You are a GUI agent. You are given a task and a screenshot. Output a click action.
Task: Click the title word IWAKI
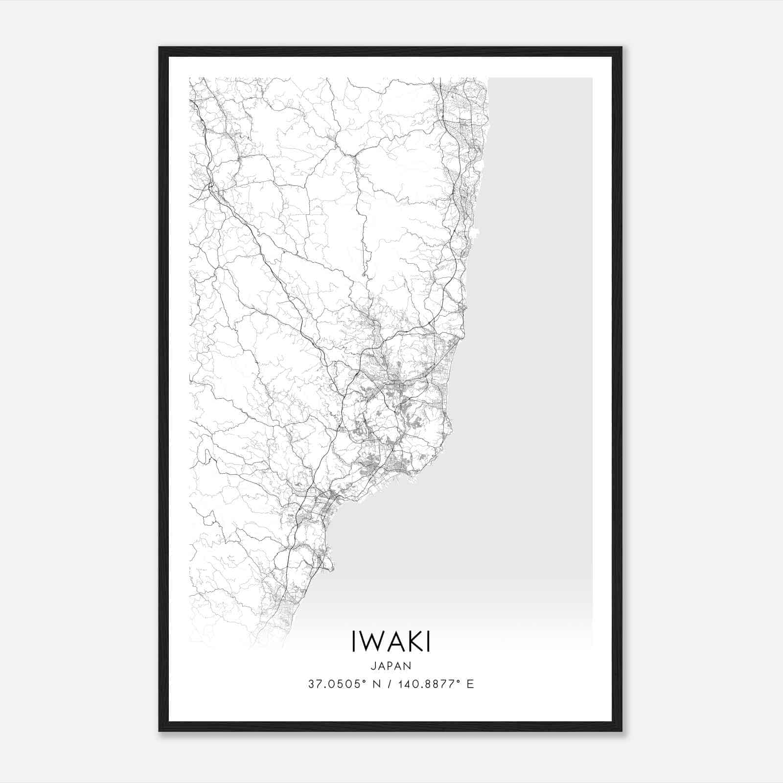coord(391,641)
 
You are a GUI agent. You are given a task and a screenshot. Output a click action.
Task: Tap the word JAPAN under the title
coord(391,666)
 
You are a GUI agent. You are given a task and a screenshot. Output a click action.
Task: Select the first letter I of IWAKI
coord(354,641)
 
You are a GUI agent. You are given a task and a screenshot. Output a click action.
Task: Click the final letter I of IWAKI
coord(428,641)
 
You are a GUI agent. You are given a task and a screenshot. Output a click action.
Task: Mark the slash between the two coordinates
coord(388,684)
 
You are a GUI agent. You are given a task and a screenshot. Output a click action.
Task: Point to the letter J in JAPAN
coord(373,666)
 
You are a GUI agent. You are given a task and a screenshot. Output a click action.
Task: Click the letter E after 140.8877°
coord(470,684)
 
